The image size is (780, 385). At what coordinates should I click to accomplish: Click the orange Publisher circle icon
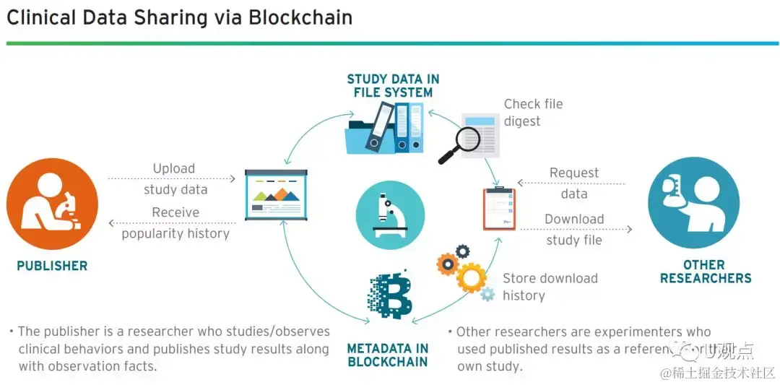coord(52,204)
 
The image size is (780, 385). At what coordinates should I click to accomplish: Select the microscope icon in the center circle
coord(389,215)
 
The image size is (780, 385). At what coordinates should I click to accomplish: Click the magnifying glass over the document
coord(460,143)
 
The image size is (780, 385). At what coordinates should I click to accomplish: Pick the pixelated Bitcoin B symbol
coord(390,295)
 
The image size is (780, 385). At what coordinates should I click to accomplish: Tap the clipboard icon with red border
coord(499,208)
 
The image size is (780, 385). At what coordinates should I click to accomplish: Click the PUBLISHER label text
coord(52,266)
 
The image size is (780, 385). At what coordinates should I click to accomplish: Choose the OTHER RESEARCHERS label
coord(706,272)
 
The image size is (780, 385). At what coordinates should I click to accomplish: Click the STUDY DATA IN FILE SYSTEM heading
coord(393,86)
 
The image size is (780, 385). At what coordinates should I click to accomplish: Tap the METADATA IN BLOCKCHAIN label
coord(388,355)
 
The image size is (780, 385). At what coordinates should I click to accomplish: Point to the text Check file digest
coord(533,113)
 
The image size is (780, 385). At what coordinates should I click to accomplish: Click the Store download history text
coord(550,287)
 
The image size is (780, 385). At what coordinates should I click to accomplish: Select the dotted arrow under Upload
coord(172,178)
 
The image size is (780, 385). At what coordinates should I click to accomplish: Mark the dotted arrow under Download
coord(576,230)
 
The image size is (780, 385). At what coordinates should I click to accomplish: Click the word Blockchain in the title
coord(300,17)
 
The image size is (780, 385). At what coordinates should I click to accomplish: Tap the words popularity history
coord(175,233)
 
